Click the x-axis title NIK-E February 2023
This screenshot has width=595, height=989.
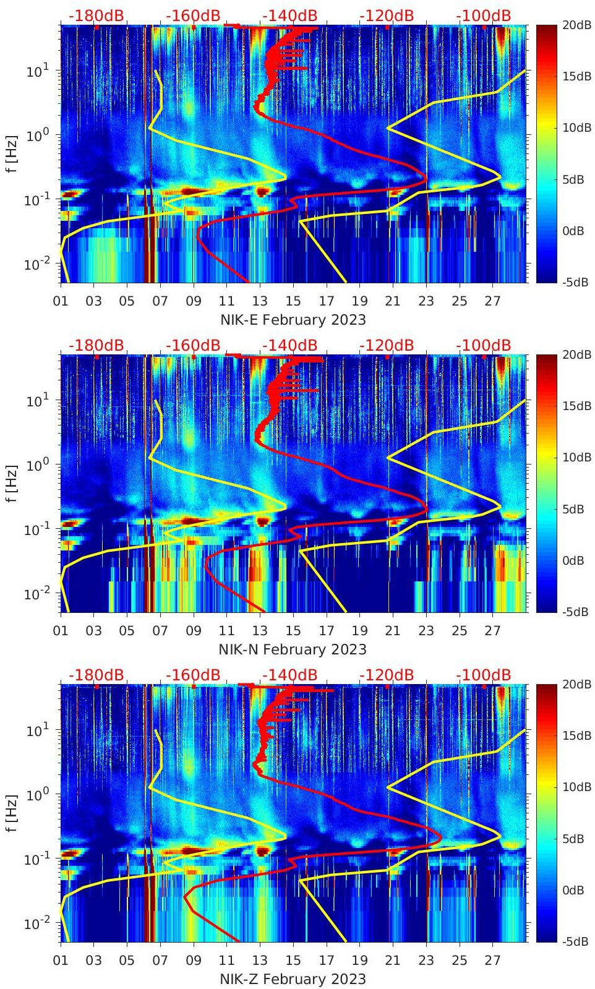pyautogui.click(x=293, y=320)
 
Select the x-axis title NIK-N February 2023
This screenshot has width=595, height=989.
pyautogui.click(x=293, y=649)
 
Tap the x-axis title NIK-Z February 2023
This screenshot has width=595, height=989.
pyautogui.click(x=293, y=979)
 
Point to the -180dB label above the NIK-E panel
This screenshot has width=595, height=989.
pyautogui.click(x=96, y=15)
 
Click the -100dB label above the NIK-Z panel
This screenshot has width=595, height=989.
pyautogui.click(x=484, y=675)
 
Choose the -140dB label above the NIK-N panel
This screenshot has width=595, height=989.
pyautogui.click(x=290, y=345)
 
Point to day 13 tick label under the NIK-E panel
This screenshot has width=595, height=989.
pyautogui.click(x=260, y=301)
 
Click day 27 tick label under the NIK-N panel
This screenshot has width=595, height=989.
pyautogui.click(x=492, y=631)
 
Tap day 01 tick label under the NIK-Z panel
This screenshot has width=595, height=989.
pyautogui.click(x=61, y=961)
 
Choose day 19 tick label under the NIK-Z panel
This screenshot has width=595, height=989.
pyautogui.click(x=360, y=961)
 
